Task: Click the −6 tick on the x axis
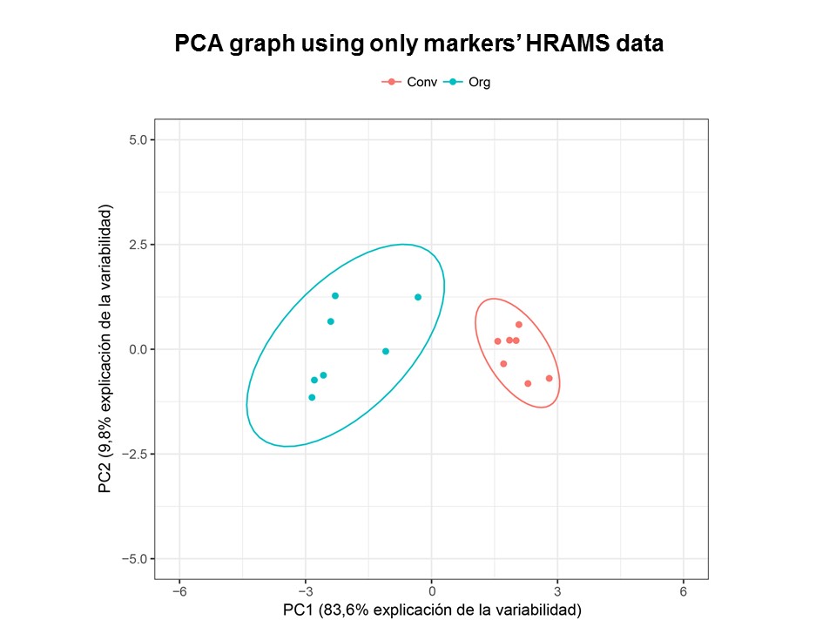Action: pyautogui.click(x=179, y=591)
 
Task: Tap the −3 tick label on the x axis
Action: pyautogui.click(x=305, y=591)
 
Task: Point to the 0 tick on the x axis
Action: pyautogui.click(x=431, y=591)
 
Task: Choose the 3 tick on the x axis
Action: pyautogui.click(x=557, y=591)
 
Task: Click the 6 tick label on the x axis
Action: pyautogui.click(x=683, y=591)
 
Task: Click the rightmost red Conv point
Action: pyautogui.click(x=549, y=378)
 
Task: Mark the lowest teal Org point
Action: pyautogui.click(x=312, y=397)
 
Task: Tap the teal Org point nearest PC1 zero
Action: pyautogui.click(x=418, y=297)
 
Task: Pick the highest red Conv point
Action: pyautogui.click(x=518, y=325)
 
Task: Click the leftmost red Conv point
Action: pyautogui.click(x=497, y=341)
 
